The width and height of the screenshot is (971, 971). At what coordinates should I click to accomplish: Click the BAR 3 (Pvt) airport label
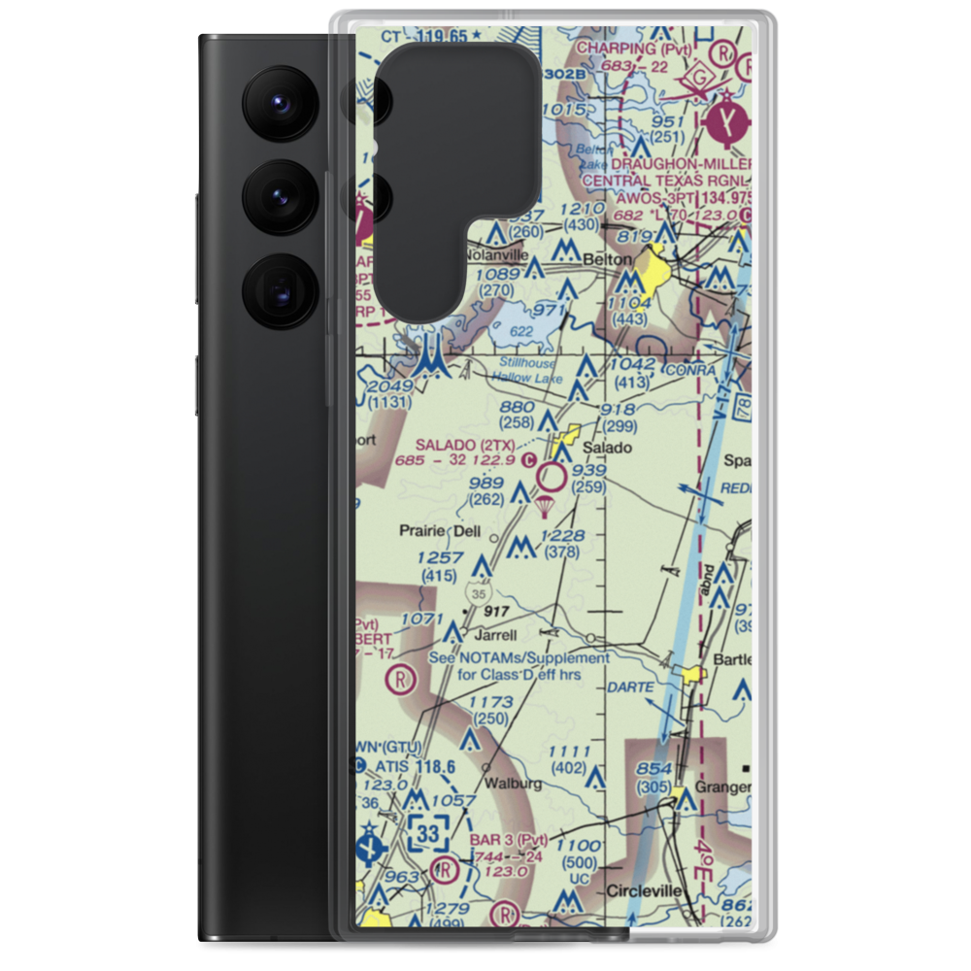(x=509, y=839)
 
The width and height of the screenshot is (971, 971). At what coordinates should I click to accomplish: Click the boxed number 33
(x=428, y=832)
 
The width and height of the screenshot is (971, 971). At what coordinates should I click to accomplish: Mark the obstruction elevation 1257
(x=439, y=557)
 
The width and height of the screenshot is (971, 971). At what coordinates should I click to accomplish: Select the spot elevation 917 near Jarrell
(x=495, y=611)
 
